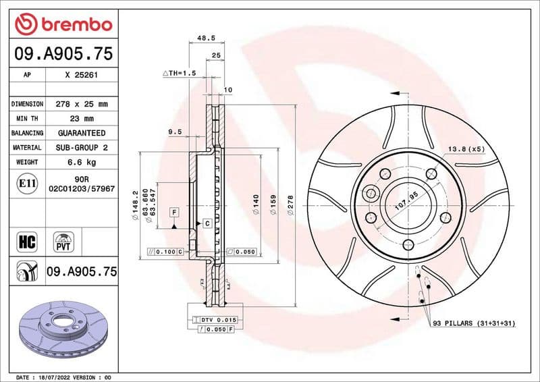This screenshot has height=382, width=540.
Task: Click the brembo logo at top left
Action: tap(63, 24)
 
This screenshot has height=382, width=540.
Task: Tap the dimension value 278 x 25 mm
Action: tap(81, 105)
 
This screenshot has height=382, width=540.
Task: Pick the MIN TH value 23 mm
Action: tap(81, 119)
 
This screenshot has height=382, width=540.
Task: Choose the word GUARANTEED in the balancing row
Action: tap(81, 133)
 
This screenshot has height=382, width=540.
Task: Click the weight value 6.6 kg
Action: tap(81, 162)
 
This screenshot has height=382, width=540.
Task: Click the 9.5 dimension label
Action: tap(175, 132)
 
